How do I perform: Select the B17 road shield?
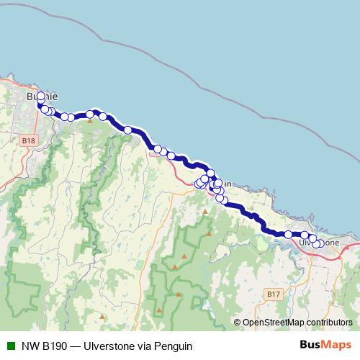tap(272, 295)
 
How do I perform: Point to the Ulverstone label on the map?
tap(319, 243)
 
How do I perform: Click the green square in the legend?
tap(10, 346)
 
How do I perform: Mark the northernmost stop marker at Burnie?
tap(40, 96)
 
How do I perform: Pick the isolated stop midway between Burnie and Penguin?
tap(127, 130)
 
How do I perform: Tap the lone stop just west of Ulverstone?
tap(288, 235)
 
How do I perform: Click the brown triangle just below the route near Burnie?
tap(90, 121)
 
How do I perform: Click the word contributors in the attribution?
tap(329, 323)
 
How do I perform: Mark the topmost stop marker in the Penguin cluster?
tap(210, 174)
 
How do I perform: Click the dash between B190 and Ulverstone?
tap(78, 346)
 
